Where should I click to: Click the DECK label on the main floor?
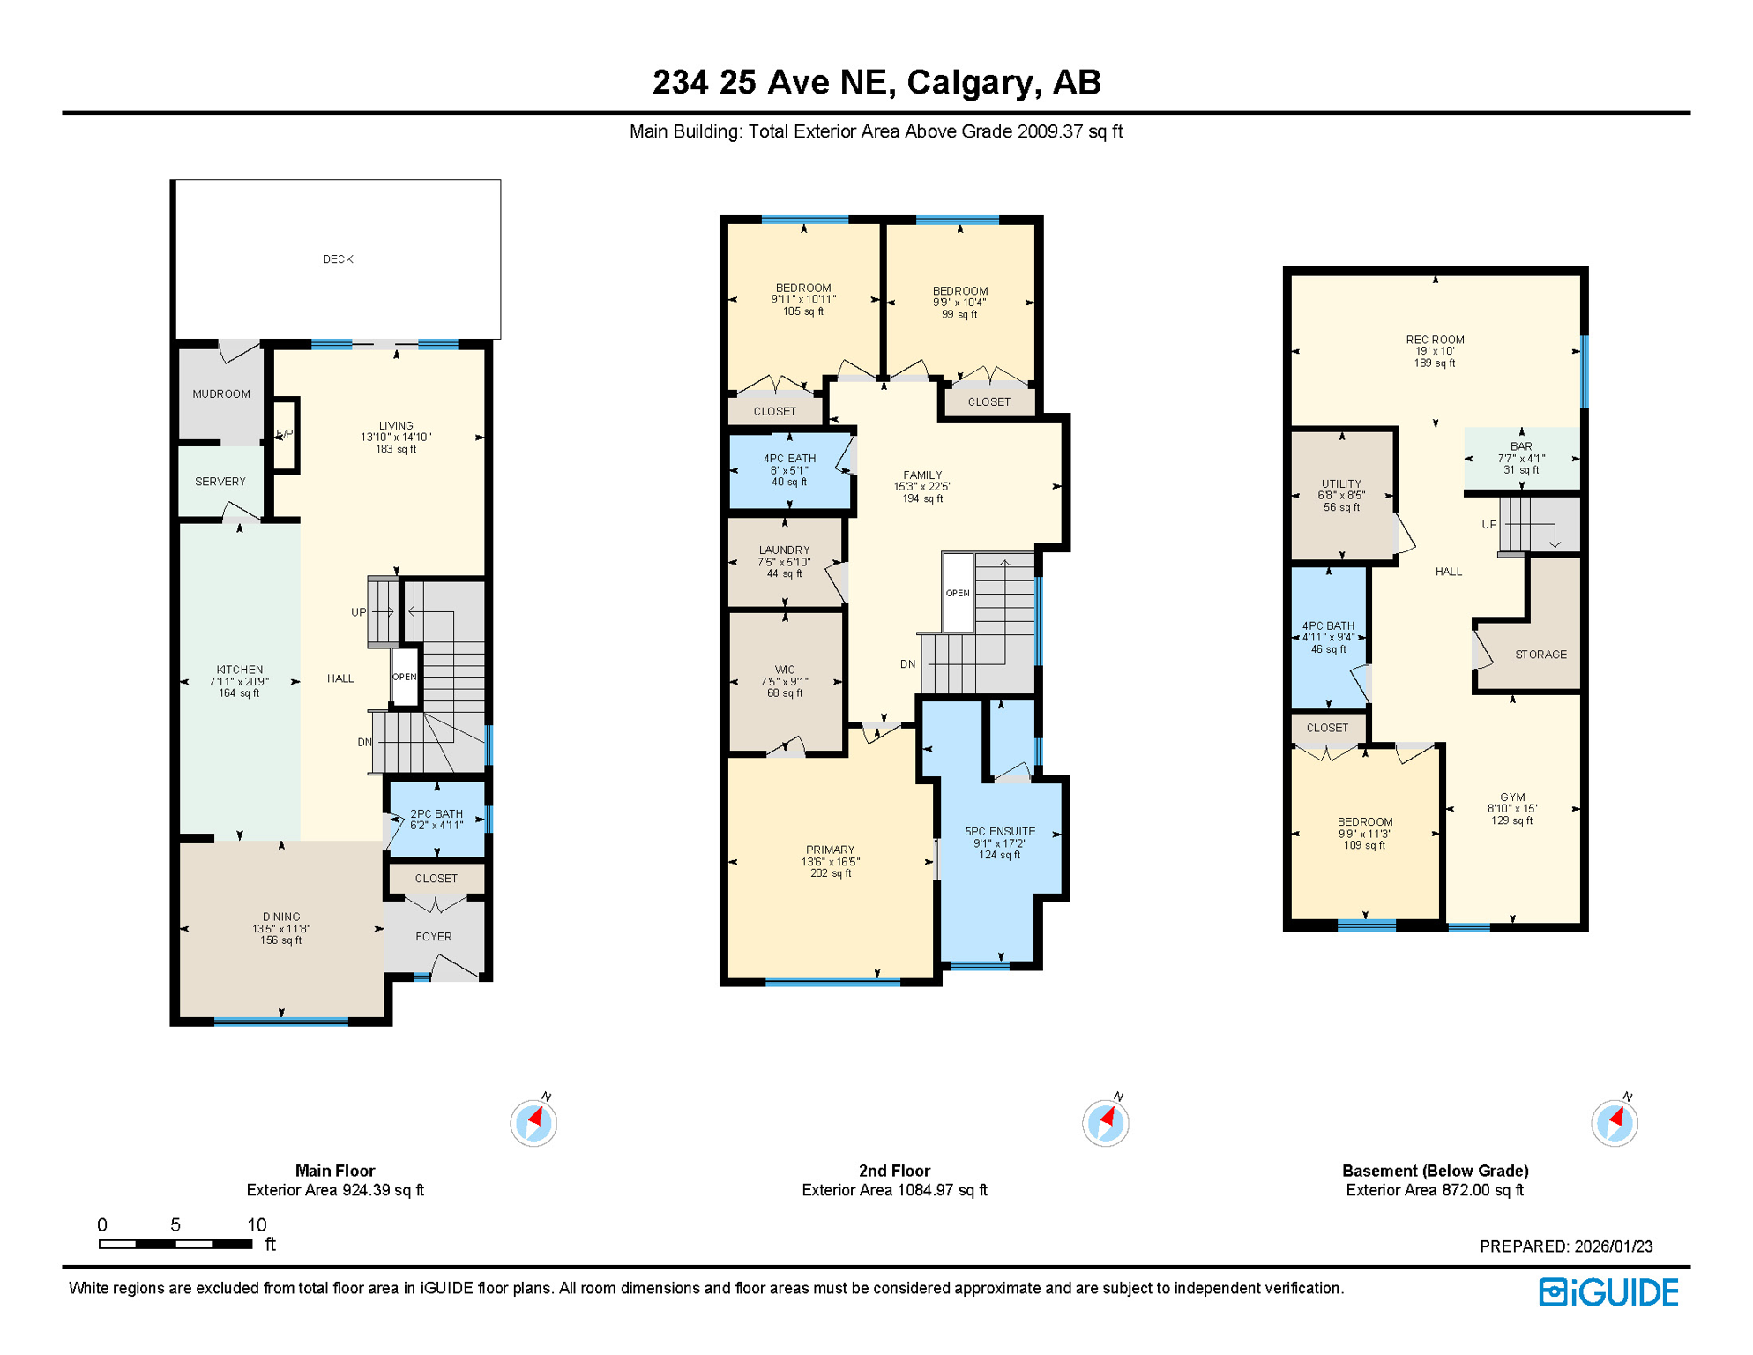tap(338, 259)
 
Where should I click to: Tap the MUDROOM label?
tap(221, 394)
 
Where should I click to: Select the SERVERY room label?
tap(220, 482)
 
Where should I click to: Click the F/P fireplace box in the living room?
tap(285, 435)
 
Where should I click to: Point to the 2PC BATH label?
tap(436, 814)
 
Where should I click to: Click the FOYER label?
tap(434, 937)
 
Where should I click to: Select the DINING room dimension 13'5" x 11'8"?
tap(281, 929)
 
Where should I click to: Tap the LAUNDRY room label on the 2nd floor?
tap(784, 550)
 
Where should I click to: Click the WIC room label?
tap(785, 670)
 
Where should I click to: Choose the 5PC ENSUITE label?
tap(1000, 832)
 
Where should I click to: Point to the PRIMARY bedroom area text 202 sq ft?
tap(831, 873)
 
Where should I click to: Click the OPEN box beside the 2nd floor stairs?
tap(958, 593)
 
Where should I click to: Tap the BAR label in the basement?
tap(1521, 446)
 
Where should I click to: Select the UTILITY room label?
tap(1341, 484)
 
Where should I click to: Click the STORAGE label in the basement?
tap(1540, 655)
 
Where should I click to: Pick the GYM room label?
tap(1512, 797)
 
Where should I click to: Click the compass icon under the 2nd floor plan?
tap(1105, 1123)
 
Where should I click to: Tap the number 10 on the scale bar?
tap(257, 1224)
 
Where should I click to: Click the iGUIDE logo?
tap(1609, 1292)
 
